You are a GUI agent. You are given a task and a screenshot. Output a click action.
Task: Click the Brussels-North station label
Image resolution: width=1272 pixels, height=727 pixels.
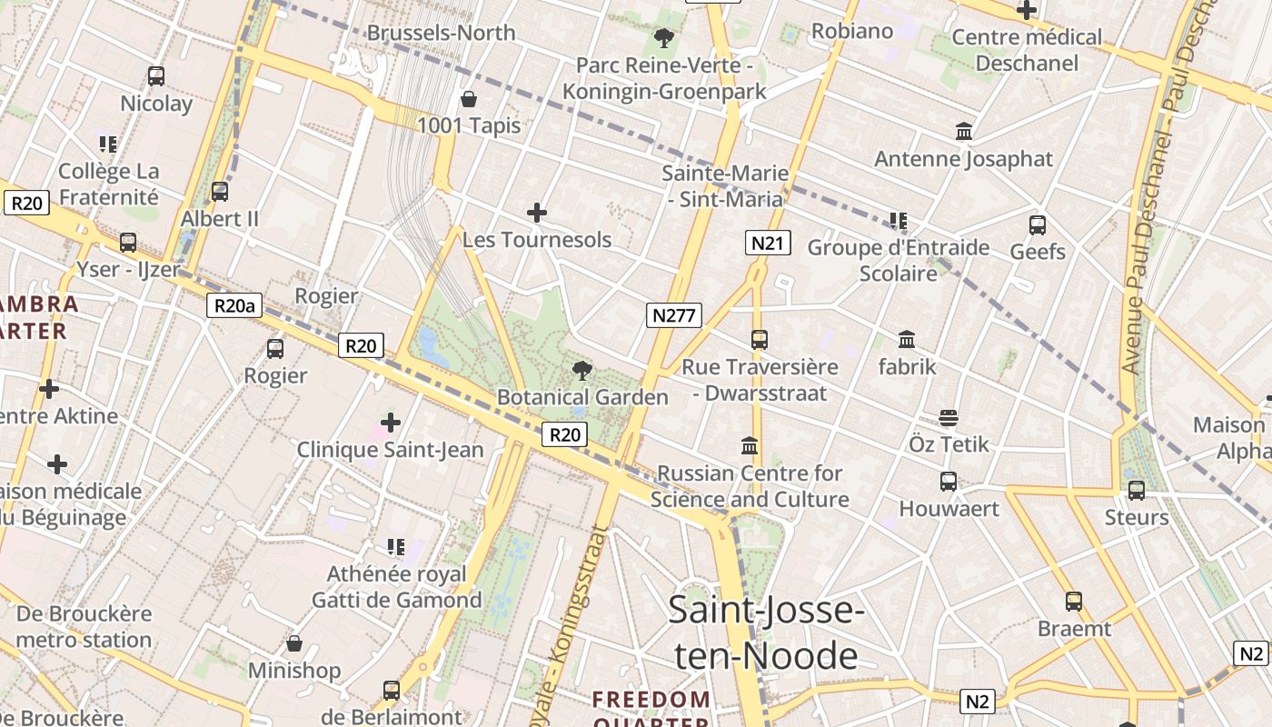pyautogui.click(x=441, y=33)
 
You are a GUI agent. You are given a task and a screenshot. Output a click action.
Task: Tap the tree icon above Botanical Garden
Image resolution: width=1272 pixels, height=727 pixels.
pyautogui.click(x=582, y=370)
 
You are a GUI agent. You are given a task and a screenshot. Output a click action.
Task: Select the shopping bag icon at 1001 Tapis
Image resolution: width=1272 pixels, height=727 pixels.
pyautogui.click(x=469, y=98)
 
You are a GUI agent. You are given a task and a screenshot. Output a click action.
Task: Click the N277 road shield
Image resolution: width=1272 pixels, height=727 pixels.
pyautogui.click(x=674, y=315)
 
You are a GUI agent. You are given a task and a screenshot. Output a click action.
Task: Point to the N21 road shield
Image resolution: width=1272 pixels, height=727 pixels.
pyautogui.click(x=768, y=243)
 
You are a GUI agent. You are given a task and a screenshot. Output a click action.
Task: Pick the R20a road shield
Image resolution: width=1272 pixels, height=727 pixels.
pyautogui.click(x=234, y=305)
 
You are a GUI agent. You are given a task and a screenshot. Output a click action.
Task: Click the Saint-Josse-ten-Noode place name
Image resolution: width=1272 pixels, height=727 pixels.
pyautogui.click(x=766, y=632)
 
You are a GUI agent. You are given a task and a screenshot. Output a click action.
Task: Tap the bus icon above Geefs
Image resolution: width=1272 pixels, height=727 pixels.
pyautogui.click(x=1038, y=224)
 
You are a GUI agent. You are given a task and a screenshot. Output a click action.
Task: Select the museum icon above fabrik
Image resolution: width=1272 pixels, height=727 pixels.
pyautogui.click(x=907, y=340)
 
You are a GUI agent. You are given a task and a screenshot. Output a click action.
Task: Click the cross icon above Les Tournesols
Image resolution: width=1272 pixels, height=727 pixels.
pyautogui.click(x=537, y=214)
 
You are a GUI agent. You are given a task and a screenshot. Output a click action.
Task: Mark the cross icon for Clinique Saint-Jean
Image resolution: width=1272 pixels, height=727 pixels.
pyautogui.click(x=391, y=423)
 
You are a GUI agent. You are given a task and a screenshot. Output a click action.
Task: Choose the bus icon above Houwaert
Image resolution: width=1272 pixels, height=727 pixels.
pyautogui.click(x=949, y=482)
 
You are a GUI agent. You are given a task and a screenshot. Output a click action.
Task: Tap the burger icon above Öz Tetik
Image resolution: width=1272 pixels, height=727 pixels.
pyautogui.click(x=949, y=418)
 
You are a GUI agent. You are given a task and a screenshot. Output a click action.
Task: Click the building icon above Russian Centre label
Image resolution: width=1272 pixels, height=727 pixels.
pyautogui.click(x=750, y=446)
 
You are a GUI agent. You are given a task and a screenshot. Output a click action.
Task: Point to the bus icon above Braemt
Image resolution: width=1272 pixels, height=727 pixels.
pyautogui.click(x=1074, y=601)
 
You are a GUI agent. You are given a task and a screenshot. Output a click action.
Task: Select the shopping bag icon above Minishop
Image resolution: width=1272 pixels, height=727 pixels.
pyautogui.click(x=294, y=644)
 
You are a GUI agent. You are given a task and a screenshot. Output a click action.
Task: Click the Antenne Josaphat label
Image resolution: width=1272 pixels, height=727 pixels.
pyautogui.click(x=963, y=159)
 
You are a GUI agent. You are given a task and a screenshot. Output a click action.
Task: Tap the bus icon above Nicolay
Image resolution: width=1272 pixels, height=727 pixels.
pyautogui.click(x=156, y=76)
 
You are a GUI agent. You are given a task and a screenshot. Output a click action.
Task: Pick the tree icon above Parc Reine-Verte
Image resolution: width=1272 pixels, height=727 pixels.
pyautogui.click(x=664, y=38)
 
